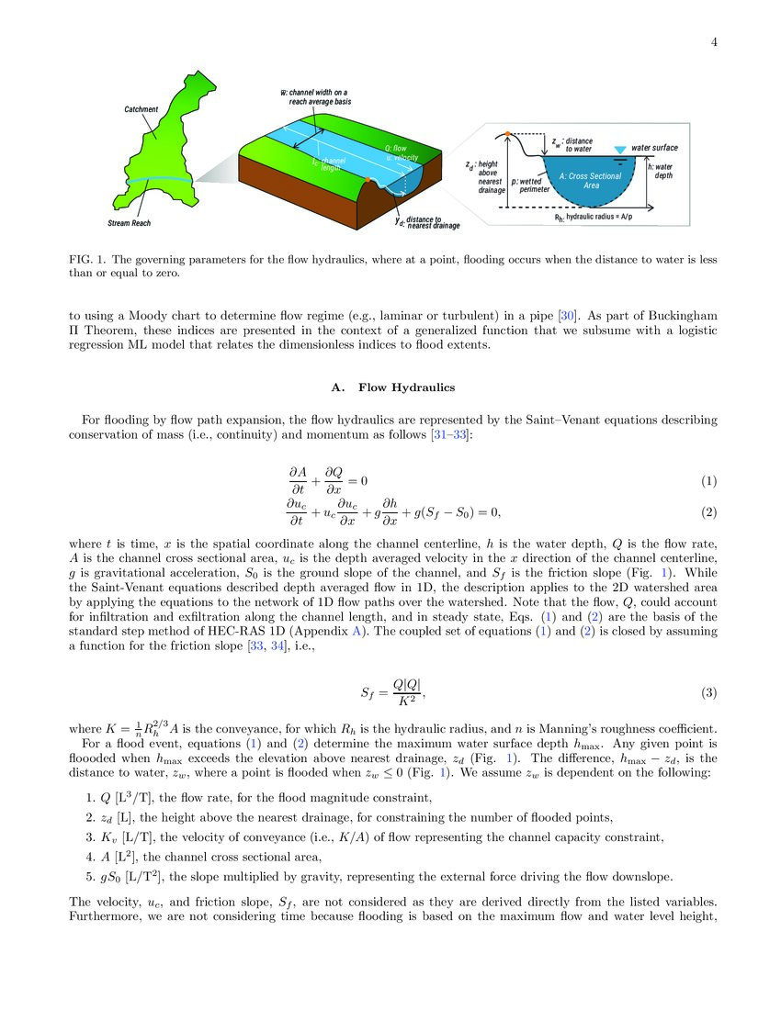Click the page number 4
click(x=713, y=41)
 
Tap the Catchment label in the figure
click(x=141, y=109)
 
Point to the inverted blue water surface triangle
click(x=619, y=150)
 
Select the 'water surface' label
click(x=654, y=147)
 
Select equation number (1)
click(x=708, y=481)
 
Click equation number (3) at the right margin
click(x=708, y=691)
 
